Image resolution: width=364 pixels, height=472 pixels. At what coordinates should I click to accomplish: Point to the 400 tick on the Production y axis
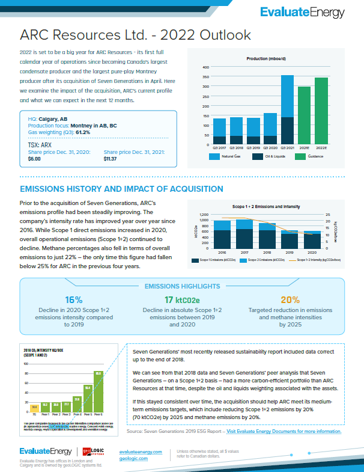pyautogui.click(x=205, y=67)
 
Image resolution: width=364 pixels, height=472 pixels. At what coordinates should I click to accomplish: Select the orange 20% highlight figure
pyautogui.click(x=290, y=299)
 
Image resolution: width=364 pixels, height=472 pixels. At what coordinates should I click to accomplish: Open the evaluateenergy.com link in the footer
pyautogui.click(x=141, y=451)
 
